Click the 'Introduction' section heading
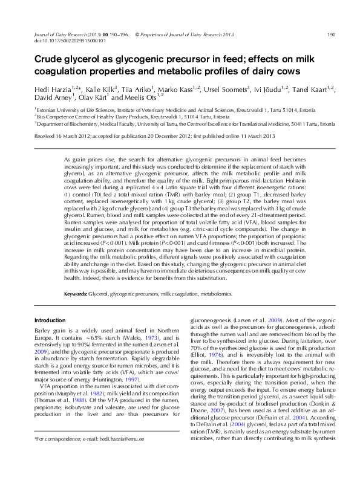tap(50, 320)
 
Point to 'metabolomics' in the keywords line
tap(215, 293)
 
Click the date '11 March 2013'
tap(246, 137)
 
